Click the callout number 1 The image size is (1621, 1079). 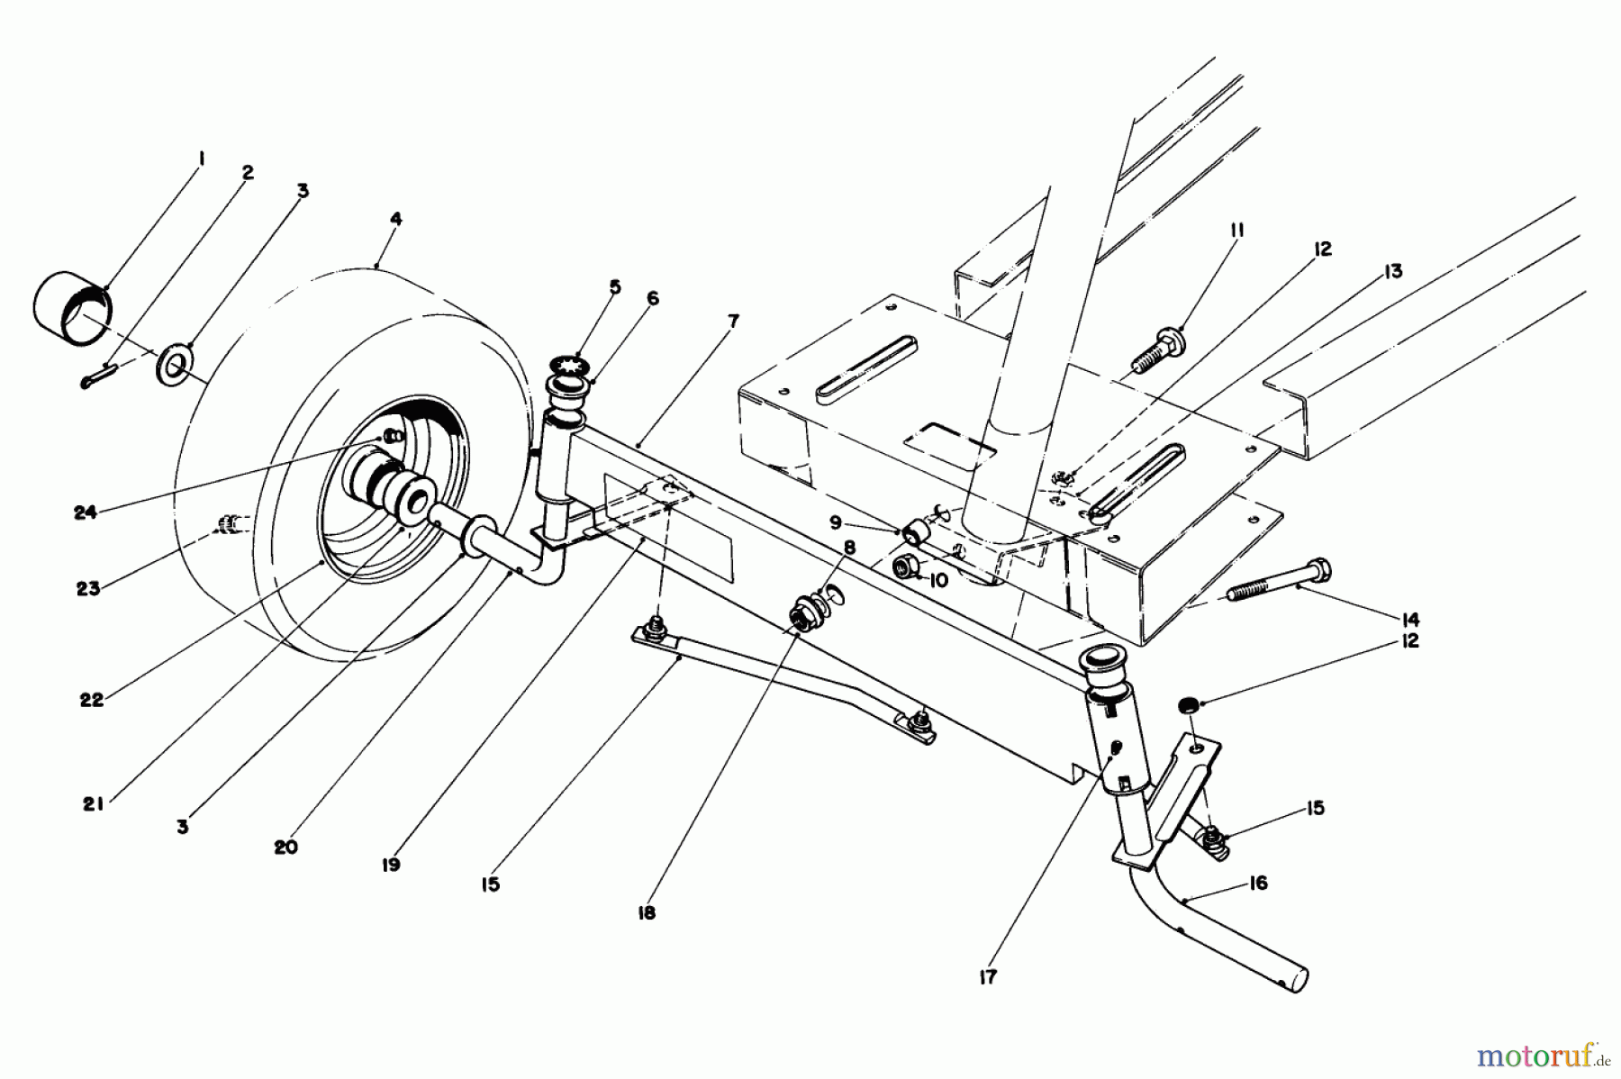point(201,159)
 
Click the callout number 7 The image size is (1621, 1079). point(734,321)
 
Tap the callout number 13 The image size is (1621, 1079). point(1393,270)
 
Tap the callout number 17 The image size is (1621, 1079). point(988,976)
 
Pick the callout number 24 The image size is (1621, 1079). point(86,512)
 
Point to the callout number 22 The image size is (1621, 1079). point(92,699)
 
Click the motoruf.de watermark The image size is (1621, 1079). point(1545,1050)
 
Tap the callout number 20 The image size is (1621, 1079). point(285,847)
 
